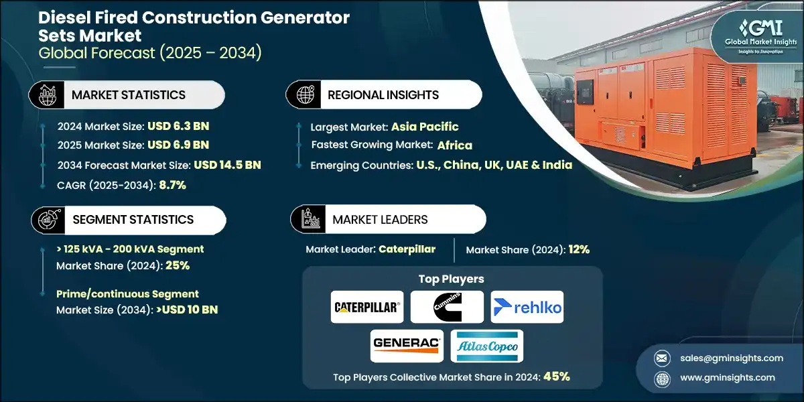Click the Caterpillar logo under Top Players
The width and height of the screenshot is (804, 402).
point(367,307)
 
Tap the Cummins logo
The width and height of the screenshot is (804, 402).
point(447,307)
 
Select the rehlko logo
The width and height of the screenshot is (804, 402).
point(527,307)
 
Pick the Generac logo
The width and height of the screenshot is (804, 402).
point(407,346)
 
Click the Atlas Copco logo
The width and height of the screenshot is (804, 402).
point(487,346)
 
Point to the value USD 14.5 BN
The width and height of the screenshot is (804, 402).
point(227,165)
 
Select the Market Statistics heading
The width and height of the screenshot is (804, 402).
point(129,95)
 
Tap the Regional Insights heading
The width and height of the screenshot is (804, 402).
point(383,95)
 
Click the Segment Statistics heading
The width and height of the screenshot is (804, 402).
point(133,220)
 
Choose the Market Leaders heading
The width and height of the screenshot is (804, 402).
point(380,220)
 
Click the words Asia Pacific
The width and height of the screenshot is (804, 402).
point(425,127)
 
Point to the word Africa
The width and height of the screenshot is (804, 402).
point(455,145)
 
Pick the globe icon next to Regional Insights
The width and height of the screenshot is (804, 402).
point(304,94)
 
